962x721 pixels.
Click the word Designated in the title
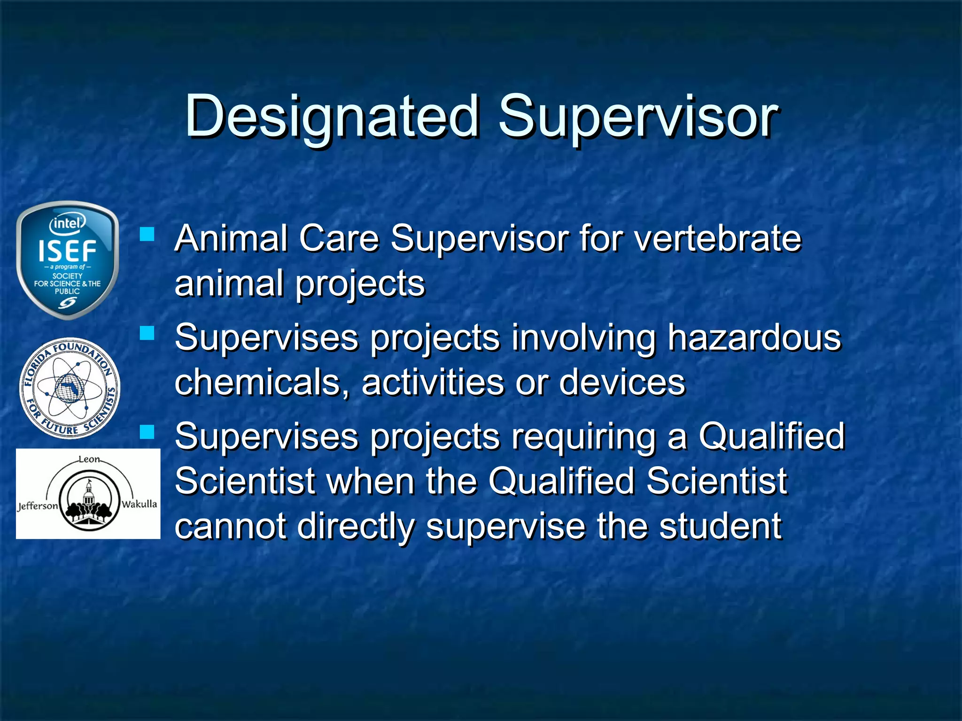coord(332,116)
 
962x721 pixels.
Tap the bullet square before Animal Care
coord(147,234)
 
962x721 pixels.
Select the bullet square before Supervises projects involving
coord(147,333)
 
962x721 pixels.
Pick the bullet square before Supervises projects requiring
coord(147,432)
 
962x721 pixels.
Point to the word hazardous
coord(754,337)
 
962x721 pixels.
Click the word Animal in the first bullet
coord(231,238)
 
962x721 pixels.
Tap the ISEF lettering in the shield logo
coord(67,251)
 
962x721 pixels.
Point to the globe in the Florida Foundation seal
coord(69,388)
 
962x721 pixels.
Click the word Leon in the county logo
coord(89,460)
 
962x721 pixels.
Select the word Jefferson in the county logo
coord(38,506)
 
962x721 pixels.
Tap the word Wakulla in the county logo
coord(139,504)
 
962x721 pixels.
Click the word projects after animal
coord(360,284)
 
